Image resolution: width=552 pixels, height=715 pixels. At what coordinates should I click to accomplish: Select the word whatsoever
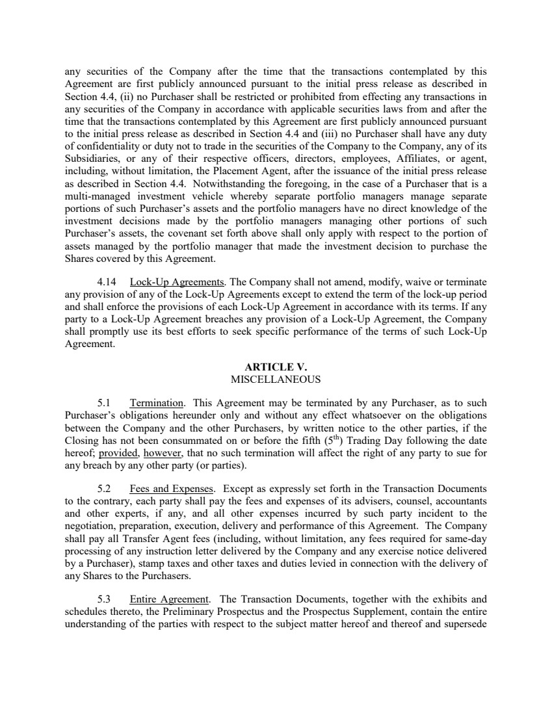pos(378,415)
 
